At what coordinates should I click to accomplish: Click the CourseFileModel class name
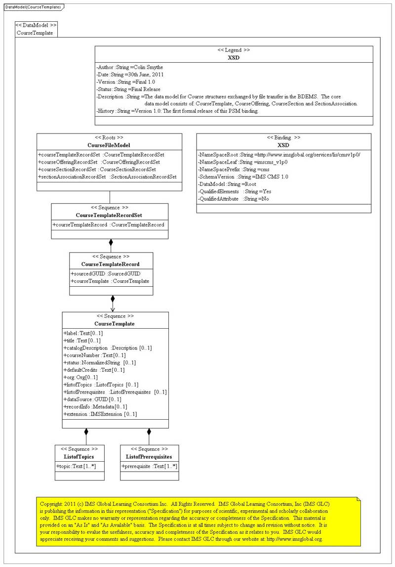click(109, 145)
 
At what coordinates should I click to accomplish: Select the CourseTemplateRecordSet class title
click(109, 216)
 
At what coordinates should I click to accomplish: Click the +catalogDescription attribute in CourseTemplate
click(108, 348)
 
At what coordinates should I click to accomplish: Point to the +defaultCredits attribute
click(94, 370)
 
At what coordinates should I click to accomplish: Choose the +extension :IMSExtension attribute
click(100, 414)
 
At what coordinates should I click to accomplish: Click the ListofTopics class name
click(79, 457)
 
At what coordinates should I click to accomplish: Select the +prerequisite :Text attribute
click(149, 466)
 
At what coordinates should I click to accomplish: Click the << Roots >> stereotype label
click(109, 137)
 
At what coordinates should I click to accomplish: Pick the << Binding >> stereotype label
click(283, 137)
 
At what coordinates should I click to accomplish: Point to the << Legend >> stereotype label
click(234, 50)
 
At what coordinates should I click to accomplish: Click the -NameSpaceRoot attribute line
click(279, 155)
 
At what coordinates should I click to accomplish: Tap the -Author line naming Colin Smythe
click(129, 67)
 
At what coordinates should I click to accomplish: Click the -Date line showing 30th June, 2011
click(129, 75)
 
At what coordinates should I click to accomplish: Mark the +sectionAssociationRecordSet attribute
click(107, 176)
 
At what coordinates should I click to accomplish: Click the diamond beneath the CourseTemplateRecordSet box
click(111, 242)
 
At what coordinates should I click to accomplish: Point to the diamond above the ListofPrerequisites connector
click(149, 432)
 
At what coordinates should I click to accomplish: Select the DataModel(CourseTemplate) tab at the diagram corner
click(33, 7)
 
